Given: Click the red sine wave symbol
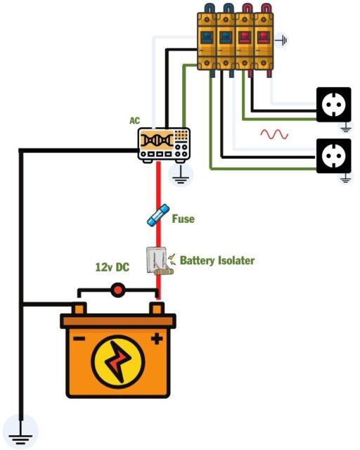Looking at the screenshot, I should (x=274, y=133).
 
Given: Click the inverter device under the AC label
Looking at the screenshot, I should (x=164, y=145).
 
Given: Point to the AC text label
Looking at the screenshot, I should (x=135, y=121).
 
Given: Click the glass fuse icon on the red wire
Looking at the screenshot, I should (x=158, y=215).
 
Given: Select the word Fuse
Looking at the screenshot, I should (x=183, y=219).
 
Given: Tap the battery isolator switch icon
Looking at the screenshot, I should (x=157, y=261).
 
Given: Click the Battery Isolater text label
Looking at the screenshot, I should (x=217, y=261).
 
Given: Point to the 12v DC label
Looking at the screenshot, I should (x=113, y=267).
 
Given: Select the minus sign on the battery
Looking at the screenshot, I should (x=79, y=339).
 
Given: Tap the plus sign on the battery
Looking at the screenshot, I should (x=156, y=339).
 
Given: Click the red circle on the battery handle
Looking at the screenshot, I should (x=117, y=289).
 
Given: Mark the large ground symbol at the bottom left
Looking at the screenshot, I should (x=21, y=430).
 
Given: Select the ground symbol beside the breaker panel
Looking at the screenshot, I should (x=283, y=40).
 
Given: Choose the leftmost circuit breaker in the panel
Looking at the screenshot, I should (x=207, y=39).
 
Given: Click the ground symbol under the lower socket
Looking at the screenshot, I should (x=345, y=179).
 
